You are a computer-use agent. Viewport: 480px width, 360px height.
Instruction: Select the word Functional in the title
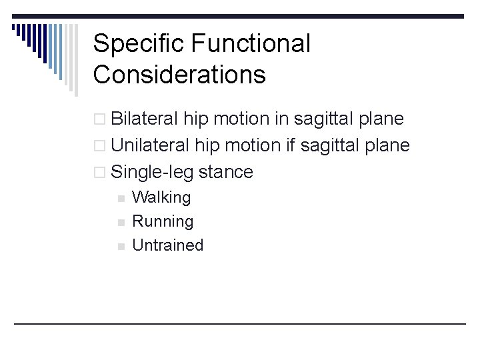(251, 45)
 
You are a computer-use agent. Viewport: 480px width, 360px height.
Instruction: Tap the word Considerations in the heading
(179, 75)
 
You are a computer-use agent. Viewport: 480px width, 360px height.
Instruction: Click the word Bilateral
(145, 119)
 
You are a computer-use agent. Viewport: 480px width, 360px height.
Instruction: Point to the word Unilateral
(150, 145)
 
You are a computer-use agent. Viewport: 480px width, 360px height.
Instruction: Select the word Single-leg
(153, 172)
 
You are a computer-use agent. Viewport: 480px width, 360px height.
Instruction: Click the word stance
(226, 172)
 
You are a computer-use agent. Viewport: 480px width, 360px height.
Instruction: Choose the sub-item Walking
(161, 197)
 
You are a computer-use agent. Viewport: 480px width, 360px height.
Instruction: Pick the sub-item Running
(163, 221)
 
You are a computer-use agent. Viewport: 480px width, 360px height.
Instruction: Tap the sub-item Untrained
(167, 245)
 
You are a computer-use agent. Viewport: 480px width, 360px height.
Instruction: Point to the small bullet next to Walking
(120, 198)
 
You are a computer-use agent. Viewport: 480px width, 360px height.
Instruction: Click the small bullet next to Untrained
(120, 246)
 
